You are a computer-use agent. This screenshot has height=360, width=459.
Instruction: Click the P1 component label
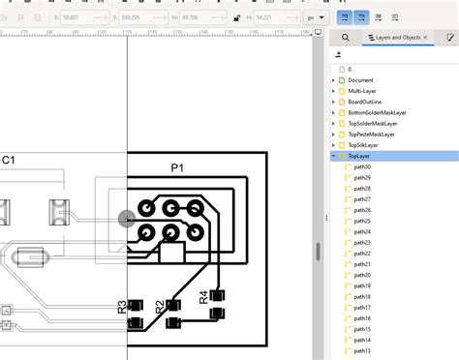[x=177, y=167]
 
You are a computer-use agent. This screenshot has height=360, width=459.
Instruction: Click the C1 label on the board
[x=8, y=160]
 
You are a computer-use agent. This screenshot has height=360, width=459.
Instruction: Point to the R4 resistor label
[x=204, y=297]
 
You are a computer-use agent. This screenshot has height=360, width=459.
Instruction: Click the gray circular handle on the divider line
[x=127, y=220]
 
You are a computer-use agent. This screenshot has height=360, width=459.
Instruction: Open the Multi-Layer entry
[x=361, y=91]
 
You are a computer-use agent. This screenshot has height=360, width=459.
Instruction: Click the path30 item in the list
[x=362, y=167]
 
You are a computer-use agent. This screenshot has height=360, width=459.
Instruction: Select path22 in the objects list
[x=362, y=254]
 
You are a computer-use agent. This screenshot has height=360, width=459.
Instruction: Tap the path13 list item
[x=362, y=351]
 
